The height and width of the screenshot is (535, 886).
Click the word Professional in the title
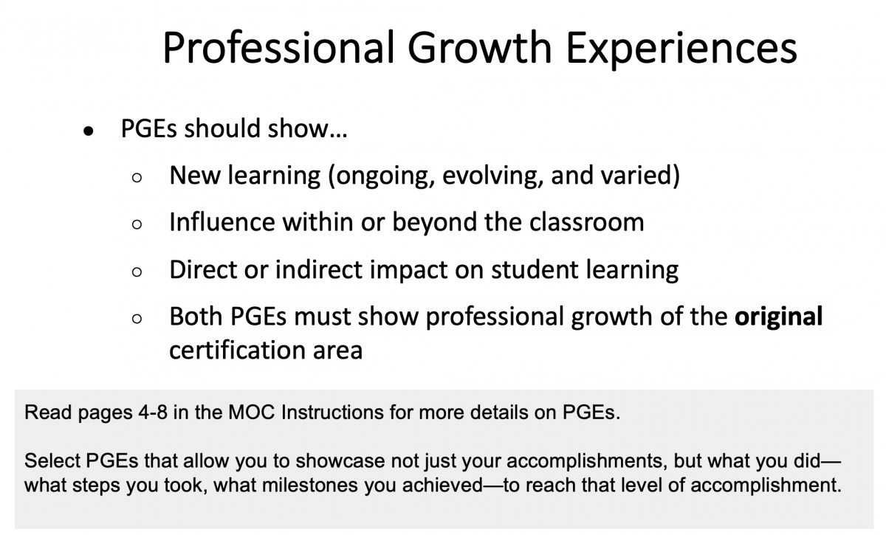click(279, 48)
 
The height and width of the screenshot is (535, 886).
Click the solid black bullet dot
click(88, 131)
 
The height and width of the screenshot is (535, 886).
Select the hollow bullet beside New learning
click(137, 178)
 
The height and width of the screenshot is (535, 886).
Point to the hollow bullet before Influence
click(137, 224)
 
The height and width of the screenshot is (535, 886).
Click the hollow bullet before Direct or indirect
click(137, 272)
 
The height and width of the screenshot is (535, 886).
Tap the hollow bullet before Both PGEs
click(137, 319)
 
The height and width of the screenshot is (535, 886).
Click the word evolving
click(492, 176)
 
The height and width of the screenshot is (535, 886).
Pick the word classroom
click(586, 222)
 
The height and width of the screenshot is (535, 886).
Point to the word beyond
click(434, 224)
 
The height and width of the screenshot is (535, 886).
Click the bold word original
click(778, 318)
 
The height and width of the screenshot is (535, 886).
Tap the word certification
click(237, 351)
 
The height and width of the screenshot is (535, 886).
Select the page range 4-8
click(153, 413)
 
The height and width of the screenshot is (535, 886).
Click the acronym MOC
click(252, 413)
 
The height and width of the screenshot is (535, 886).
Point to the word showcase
click(340, 460)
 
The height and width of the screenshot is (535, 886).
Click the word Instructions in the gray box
click(332, 413)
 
